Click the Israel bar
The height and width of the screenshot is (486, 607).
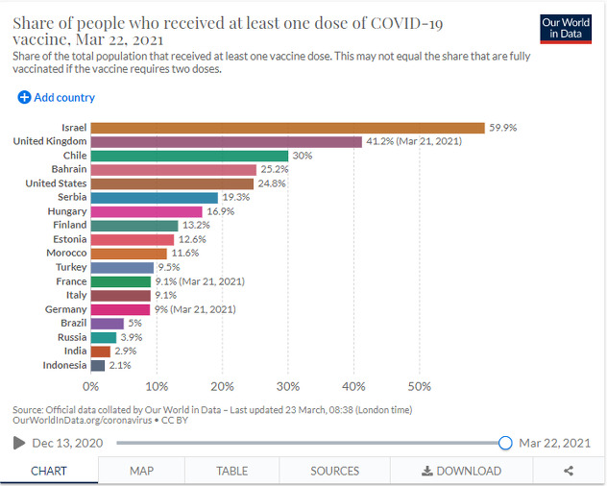coord(288,128)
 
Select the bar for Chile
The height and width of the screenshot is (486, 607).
coord(189,156)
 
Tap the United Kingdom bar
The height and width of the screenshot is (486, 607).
coord(227,141)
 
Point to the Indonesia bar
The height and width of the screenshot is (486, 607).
coord(98,365)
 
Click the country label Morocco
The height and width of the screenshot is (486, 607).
coord(66,253)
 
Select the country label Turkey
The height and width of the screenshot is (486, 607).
coord(71,267)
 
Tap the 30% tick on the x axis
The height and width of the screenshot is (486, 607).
coord(288,386)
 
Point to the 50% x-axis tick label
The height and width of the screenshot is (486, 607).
coord(419,386)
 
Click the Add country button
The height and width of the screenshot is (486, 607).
coord(57,97)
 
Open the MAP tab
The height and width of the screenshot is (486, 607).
coord(142,471)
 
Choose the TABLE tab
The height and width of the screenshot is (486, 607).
coord(231,471)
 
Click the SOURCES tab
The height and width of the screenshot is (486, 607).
coord(334,471)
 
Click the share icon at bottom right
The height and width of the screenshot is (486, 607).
coord(569,471)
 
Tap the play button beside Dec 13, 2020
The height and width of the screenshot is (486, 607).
coord(18,443)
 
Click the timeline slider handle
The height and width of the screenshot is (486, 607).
coord(505,443)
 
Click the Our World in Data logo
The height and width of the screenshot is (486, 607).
coord(566,28)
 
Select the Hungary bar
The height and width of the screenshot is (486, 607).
coord(147,211)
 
